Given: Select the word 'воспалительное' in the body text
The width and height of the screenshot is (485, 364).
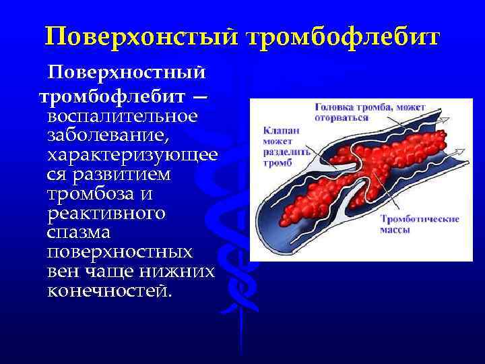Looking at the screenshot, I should [122, 116].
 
